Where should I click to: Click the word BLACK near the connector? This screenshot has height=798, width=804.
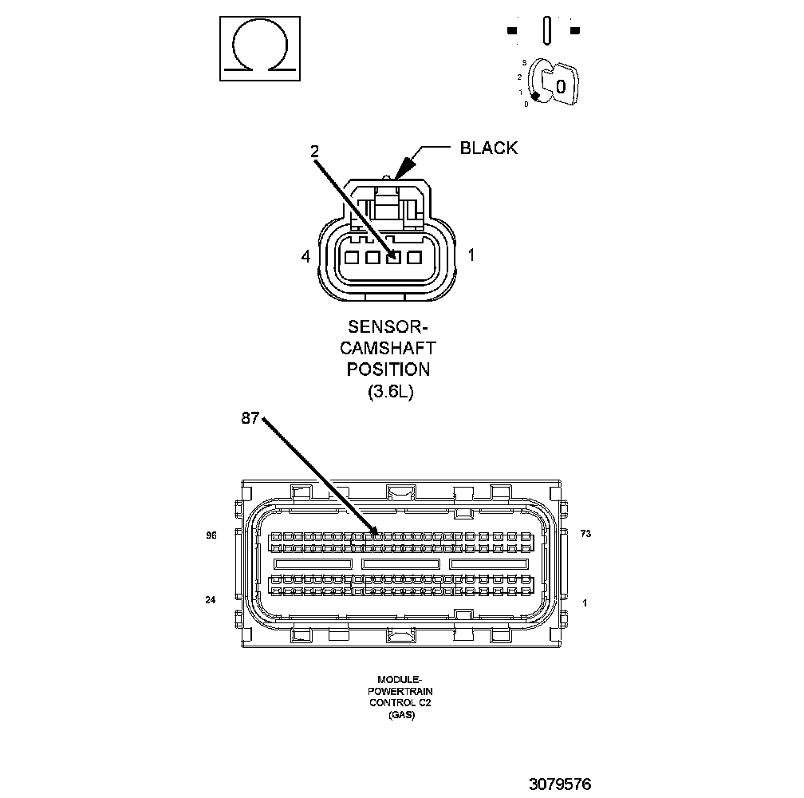click(488, 148)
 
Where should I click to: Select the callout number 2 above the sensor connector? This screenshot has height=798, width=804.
click(314, 150)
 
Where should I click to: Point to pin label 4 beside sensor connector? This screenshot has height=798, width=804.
click(305, 256)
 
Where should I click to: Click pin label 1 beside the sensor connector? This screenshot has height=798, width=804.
click(471, 256)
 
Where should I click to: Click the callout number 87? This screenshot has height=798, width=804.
click(250, 418)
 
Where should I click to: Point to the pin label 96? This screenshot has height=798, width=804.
click(211, 535)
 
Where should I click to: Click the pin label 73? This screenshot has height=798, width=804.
click(585, 534)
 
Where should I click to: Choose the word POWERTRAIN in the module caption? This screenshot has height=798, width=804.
click(400, 692)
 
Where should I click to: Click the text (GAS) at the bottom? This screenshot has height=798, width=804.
click(401, 715)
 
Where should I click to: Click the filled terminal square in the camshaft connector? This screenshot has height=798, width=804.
click(392, 258)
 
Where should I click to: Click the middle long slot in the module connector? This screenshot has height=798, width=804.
click(400, 563)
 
